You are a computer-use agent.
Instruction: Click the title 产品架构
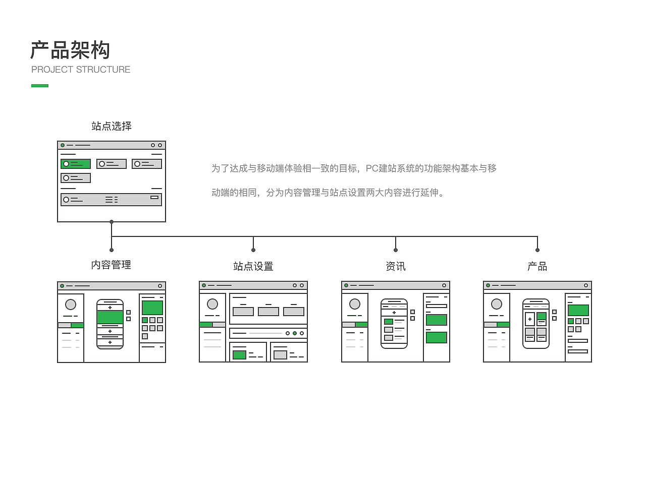(70, 50)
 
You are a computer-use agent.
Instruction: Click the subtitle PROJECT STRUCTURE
(81, 70)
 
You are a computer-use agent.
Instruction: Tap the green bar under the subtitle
(40, 86)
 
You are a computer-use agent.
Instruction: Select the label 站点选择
(112, 126)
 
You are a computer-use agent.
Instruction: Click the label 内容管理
(111, 265)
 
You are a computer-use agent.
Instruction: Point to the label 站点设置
(253, 266)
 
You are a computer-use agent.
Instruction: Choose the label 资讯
(396, 266)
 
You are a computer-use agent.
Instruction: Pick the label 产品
(537, 266)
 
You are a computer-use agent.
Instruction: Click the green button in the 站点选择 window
(76, 164)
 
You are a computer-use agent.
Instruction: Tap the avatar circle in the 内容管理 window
(71, 305)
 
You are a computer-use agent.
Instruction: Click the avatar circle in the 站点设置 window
(212, 304)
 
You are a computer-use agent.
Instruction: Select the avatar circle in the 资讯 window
(355, 304)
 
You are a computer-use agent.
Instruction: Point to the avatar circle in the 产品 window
(497, 304)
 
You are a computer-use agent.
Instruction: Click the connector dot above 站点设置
(253, 250)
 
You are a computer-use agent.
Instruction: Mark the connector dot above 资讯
(396, 250)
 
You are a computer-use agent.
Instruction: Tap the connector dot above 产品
(537, 250)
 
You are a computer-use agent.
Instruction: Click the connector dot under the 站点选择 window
(112, 222)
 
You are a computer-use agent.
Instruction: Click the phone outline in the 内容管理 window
(110, 324)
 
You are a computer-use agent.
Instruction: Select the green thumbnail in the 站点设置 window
(239, 355)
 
